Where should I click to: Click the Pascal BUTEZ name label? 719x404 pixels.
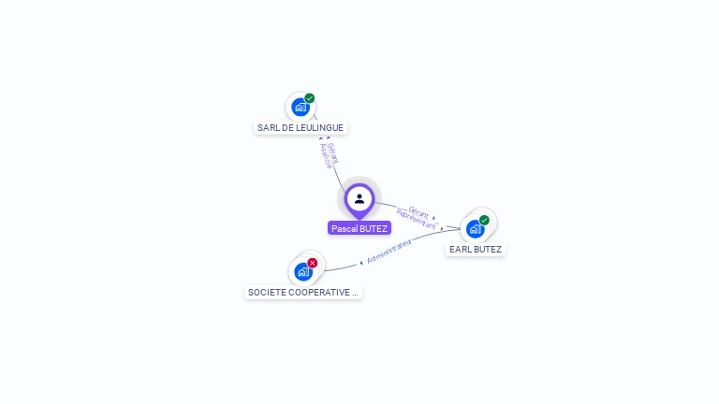tap(359, 228)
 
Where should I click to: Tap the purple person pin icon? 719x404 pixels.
tap(359, 199)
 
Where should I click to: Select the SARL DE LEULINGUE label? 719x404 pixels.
tap(301, 127)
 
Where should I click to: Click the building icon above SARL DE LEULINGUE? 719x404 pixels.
tap(300, 107)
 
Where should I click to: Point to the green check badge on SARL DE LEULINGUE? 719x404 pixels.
tap(310, 98)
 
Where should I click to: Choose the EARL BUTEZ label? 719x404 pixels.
tap(476, 250)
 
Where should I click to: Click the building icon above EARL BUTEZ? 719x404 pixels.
tap(475, 228)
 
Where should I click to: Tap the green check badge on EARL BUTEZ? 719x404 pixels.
tap(484, 221)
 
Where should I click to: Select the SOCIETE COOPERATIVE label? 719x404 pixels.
tap(302, 292)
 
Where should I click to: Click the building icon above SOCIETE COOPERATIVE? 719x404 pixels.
tap(302, 271)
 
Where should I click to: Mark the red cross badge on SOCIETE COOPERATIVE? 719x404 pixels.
tap(313, 263)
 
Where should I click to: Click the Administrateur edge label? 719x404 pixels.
tap(389, 251)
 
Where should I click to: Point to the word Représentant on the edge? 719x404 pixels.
tap(417, 220)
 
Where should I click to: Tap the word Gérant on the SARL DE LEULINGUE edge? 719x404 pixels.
tap(333, 152)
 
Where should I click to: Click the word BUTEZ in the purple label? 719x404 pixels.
tap(373, 228)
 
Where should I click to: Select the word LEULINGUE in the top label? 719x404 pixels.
tap(320, 127)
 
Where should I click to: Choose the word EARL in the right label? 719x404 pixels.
tap(460, 250)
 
